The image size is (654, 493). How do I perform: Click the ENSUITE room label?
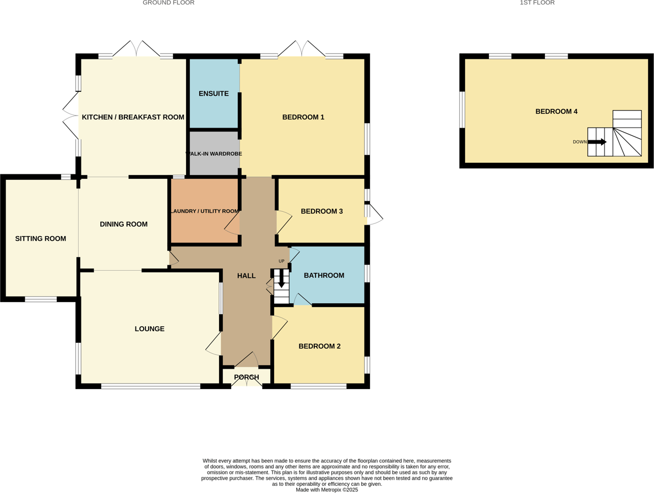(x=214, y=94)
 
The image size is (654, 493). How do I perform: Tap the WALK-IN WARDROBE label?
(x=214, y=154)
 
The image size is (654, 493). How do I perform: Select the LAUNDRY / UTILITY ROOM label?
(x=204, y=211)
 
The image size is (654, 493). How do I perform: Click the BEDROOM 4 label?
(x=556, y=112)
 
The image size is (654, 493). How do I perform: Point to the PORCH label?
(x=246, y=377)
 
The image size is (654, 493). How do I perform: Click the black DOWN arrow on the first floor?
(x=597, y=142)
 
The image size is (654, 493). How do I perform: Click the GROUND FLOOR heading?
(x=168, y=3)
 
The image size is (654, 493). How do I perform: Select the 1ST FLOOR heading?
(x=537, y=3)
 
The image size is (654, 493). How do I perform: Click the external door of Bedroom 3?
(x=374, y=214)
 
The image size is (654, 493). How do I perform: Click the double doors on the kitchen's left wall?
(x=70, y=116)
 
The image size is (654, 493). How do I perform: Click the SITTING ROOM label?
(x=40, y=239)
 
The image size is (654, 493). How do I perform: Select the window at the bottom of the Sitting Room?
(x=41, y=299)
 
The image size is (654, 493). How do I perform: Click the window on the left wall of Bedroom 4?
(x=462, y=109)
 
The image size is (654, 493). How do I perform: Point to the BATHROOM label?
(x=324, y=276)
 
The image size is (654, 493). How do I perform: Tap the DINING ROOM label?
(x=123, y=224)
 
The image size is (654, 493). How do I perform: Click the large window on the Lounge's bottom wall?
(x=150, y=386)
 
